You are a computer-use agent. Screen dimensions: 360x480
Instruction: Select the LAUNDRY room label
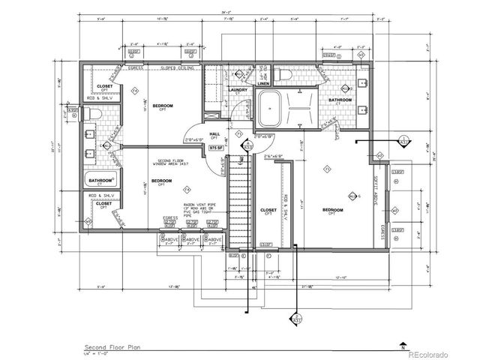(x=217, y=91)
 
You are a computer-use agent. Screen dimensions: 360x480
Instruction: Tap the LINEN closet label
(x=265, y=83)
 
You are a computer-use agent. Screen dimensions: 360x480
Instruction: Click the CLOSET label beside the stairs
(x=267, y=211)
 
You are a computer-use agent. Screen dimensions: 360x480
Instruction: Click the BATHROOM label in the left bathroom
(x=100, y=181)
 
